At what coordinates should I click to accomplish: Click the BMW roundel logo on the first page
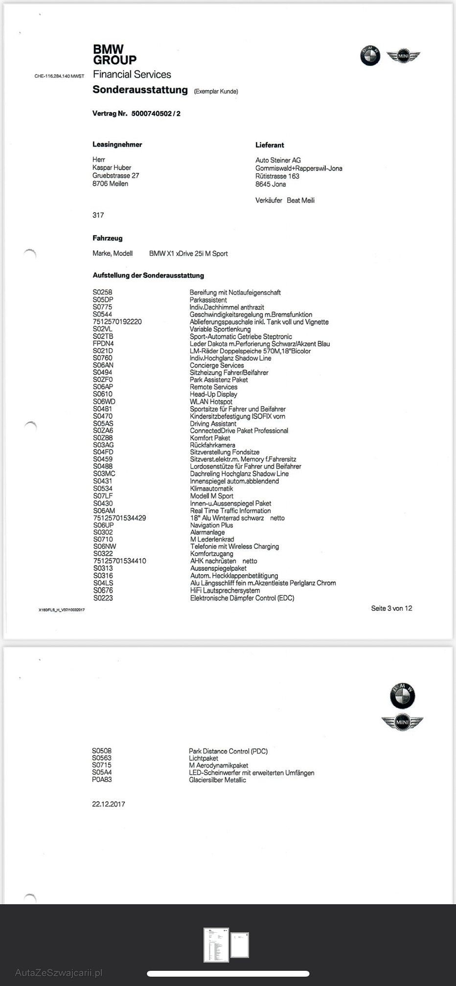370,56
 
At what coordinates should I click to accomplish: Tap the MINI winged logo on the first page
403,56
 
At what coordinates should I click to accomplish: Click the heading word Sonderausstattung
140,90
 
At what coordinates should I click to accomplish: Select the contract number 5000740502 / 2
156,113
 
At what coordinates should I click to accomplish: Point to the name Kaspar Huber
112,168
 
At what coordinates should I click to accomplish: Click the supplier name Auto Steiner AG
278,160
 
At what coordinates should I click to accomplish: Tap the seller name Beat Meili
300,201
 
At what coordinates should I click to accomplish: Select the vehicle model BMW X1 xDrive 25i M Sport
188,253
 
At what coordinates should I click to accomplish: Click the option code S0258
102,292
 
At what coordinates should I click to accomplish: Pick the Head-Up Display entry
213,394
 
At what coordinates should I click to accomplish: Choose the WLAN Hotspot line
211,402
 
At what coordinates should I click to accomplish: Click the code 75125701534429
119,518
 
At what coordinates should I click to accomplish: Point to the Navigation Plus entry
211,525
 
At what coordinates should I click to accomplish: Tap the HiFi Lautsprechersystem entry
225,590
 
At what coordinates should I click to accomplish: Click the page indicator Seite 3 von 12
391,608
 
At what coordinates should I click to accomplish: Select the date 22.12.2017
109,804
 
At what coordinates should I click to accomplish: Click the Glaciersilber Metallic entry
217,780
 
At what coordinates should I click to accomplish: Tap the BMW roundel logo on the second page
402,695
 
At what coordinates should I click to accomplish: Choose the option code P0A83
102,780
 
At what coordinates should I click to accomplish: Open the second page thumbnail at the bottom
240,945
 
